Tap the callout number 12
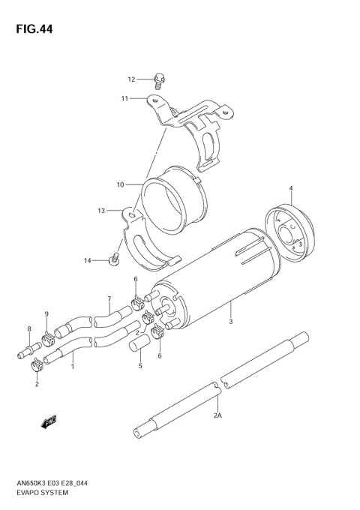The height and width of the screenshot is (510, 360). [130, 79]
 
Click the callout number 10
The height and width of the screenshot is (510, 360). [119, 184]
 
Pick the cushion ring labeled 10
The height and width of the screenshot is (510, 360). [173, 202]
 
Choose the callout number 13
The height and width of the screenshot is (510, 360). [101, 211]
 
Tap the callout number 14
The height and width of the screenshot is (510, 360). [87, 260]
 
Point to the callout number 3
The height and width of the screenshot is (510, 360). [231, 322]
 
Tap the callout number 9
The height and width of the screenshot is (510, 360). [46, 313]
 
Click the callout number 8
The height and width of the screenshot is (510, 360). [29, 328]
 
